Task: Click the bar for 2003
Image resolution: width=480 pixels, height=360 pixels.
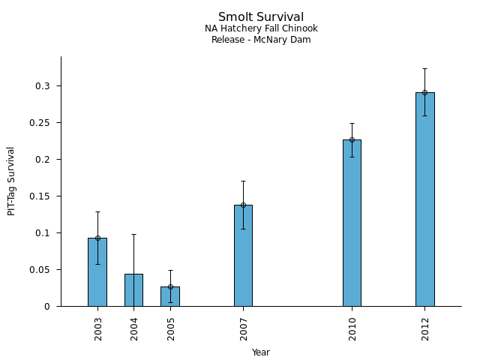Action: (x=97, y=272)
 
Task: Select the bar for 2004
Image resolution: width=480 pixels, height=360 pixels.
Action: (x=133, y=290)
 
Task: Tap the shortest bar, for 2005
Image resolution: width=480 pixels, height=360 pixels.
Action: (x=170, y=296)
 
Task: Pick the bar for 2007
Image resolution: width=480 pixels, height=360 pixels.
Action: (x=243, y=256)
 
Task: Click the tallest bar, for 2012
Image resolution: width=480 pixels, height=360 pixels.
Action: (x=424, y=199)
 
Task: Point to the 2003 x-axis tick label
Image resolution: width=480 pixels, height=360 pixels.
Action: (x=98, y=328)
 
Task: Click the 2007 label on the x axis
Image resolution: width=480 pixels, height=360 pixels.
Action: (x=244, y=328)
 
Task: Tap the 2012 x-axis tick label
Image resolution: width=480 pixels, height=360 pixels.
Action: (x=425, y=328)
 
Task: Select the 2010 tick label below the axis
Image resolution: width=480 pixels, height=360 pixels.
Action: (x=352, y=328)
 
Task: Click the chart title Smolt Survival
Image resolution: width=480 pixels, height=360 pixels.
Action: (x=261, y=17)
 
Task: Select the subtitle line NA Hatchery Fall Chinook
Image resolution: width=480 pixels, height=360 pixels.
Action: (x=261, y=29)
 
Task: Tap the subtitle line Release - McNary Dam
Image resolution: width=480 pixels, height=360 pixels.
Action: (x=261, y=40)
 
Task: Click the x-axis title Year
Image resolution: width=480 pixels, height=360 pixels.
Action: (x=261, y=352)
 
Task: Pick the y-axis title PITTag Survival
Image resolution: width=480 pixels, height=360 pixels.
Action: (x=11, y=181)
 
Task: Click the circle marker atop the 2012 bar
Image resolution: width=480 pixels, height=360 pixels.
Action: (x=424, y=93)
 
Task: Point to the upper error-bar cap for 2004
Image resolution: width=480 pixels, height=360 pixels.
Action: (x=133, y=234)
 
